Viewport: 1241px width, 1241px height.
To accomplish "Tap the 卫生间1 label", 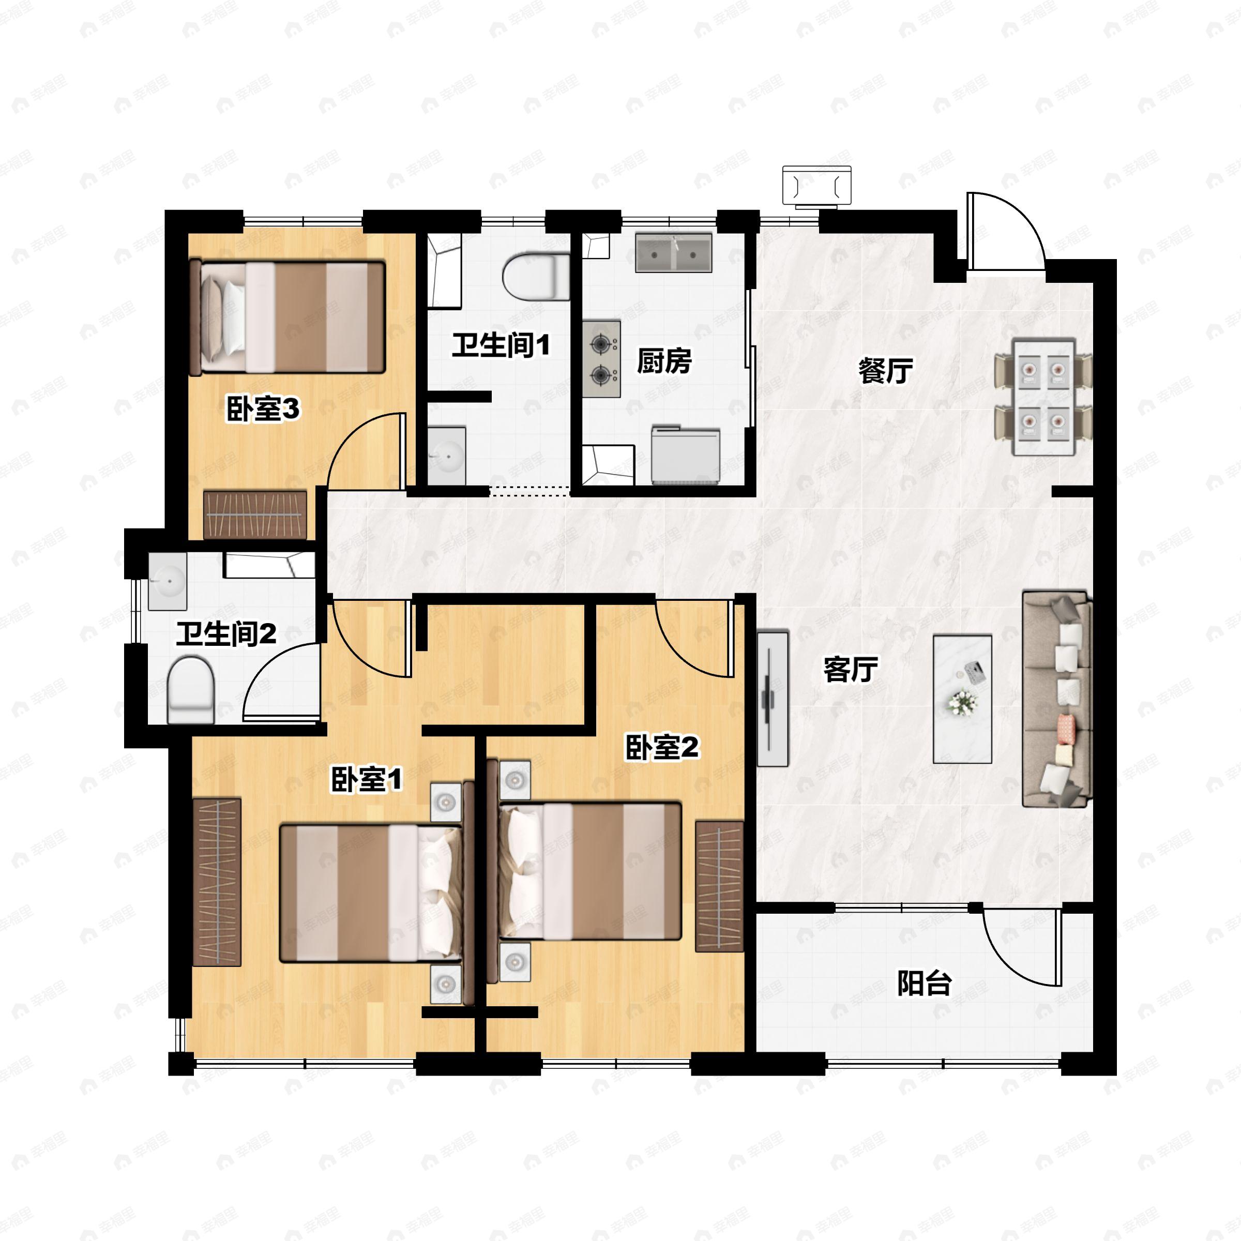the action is coord(501,345).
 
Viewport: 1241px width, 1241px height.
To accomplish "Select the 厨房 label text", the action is coord(664,361).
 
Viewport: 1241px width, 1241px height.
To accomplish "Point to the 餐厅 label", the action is coord(886,371).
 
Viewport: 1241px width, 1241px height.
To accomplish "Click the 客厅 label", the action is coord(851,670).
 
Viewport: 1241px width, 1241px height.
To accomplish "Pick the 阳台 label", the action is coord(925,983).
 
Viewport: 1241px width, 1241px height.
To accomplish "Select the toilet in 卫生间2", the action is coord(191,690).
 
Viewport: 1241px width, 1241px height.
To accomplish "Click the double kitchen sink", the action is coord(674,252).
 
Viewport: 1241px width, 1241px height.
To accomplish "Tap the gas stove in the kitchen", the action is coord(602,359).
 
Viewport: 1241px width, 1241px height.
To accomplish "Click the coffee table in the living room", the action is coord(962,699).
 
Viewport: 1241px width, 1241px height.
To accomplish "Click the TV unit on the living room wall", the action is coord(773,698).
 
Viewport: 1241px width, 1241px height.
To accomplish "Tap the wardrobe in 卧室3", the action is coord(255,514).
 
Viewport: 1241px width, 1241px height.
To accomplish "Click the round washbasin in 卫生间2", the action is coord(168,581).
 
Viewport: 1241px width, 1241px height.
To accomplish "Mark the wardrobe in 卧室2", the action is coord(719,886).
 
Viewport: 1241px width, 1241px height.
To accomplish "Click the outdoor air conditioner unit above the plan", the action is coord(817,186).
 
